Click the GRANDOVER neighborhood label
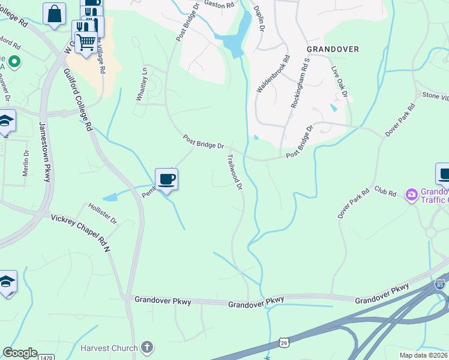pos(333,49)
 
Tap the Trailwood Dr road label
pos(234,172)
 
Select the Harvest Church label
pos(110,347)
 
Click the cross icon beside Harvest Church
pos(147,347)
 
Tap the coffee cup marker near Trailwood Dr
pos(166,178)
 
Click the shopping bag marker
pos(54,13)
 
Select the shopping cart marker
pos(86,42)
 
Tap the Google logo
pos(20,353)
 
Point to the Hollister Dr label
pos(103,213)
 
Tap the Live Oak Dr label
pos(339,82)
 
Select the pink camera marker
pos(411,194)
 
